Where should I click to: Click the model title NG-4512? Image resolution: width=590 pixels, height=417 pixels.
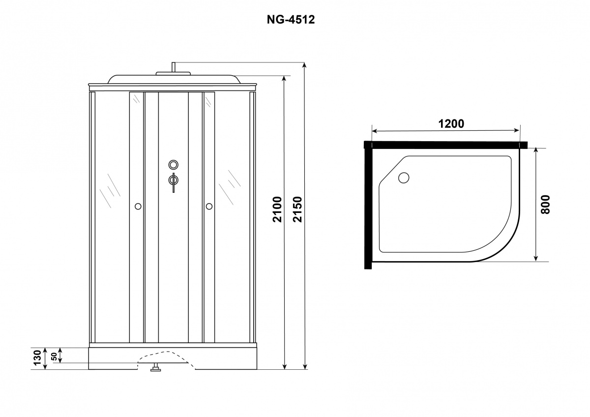(x=291, y=20)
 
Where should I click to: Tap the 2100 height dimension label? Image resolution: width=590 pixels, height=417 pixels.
(x=277, y=209)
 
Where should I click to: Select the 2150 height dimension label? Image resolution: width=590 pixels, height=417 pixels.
(x=297, y=209)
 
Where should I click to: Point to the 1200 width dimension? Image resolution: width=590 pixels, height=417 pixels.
(x=451, y=124)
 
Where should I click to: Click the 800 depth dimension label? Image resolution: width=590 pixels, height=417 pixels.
(x=545, y=205)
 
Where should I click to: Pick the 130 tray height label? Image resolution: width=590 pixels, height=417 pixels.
(x=38, y=357)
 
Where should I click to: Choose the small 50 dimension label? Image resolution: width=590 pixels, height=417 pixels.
(x=54, y=357)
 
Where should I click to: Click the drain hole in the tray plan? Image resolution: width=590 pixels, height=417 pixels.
(x=404, y=178)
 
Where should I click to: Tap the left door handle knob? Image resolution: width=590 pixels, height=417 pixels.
(x=138, y=206)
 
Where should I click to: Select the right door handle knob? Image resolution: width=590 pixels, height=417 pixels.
(x=209, y=206)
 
